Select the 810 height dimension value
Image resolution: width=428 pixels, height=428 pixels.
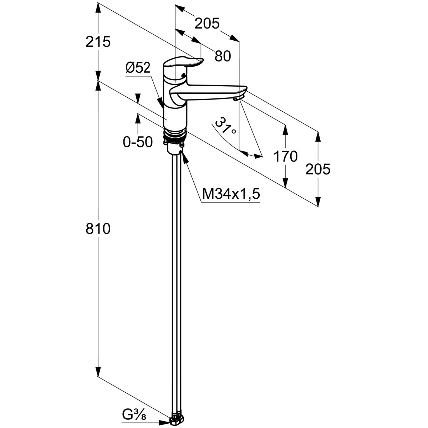click(98, 229)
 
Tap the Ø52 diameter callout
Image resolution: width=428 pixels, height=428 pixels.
click(138, 68)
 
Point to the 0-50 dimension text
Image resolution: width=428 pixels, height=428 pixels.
click(138, 142)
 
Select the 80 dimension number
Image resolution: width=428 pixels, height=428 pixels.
click(223, 56)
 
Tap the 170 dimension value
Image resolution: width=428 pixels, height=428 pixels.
click(285, 156)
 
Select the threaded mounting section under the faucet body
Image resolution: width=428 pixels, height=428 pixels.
click(175, 134)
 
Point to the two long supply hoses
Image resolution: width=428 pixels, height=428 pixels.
click(176, 285)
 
